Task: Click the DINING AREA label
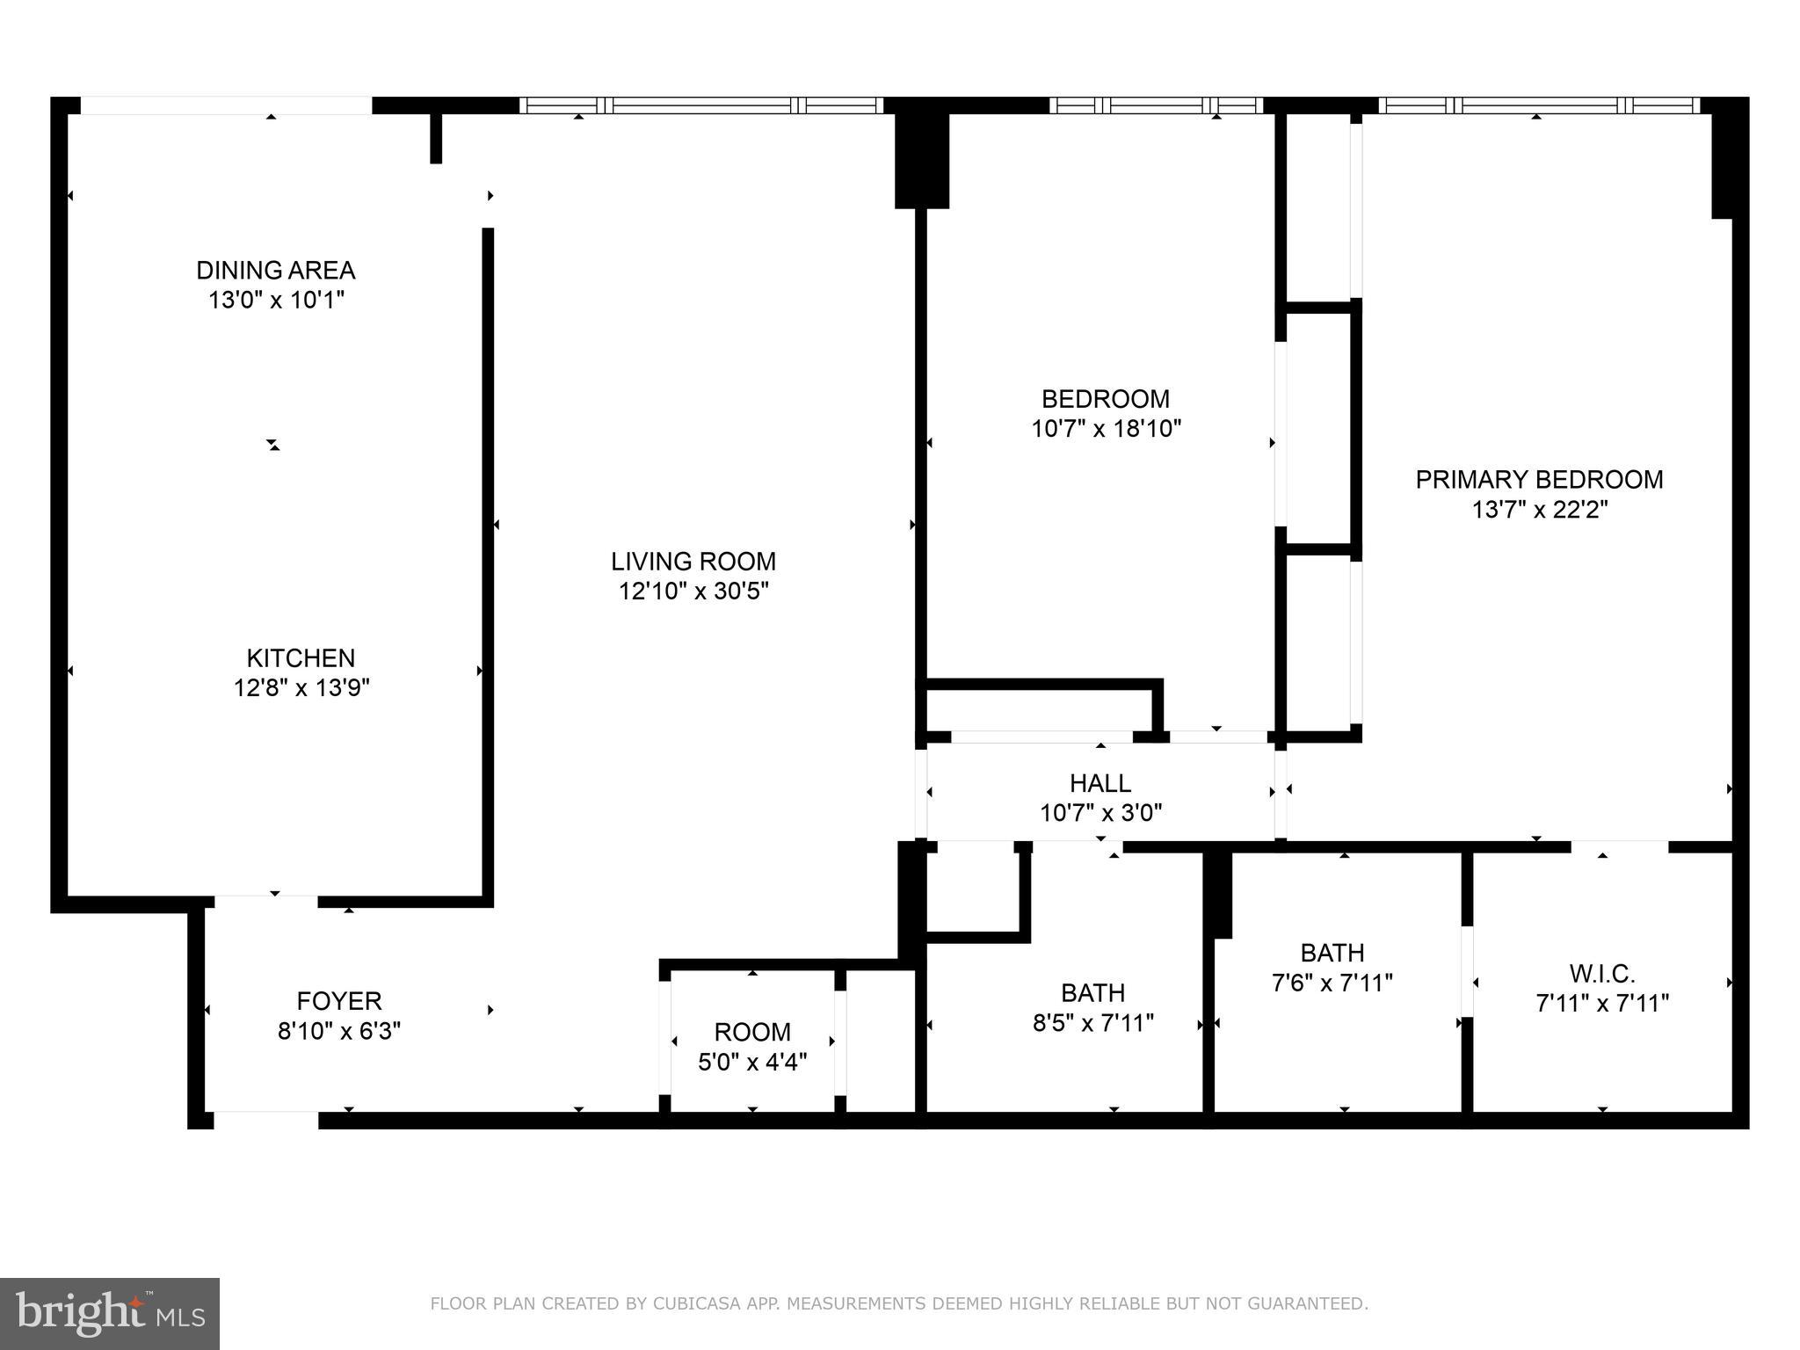pyautogui.click(x=275, y=270)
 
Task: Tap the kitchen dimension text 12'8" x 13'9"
pyautogui.click(x=301, y=687)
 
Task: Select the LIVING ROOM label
pyautogui.click(x=693, y=561)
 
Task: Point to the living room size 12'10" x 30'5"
pyautogui.click(x=693, y=591)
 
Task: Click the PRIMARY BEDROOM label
pyautogui.click(x=1539, y=480)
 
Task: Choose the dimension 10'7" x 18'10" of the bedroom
pyautogui.click(x=1106, y=429)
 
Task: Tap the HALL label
pyautogui.click(x=1100, y=782)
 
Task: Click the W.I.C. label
pyautogui.click(x=1601, y=974)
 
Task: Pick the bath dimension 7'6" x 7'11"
pyautogui.click(x=1332, y=982)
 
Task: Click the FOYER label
pyautogui.click(x=338, y=1001)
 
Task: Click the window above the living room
pyautogui.click(x=700, y=105)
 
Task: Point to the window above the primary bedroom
pyautogui.click(x=1538, y=105)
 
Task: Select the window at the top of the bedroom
pyautogui.click(x=1156, y=105)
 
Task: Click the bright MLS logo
pyautogui.click(x=109, y=1313)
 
